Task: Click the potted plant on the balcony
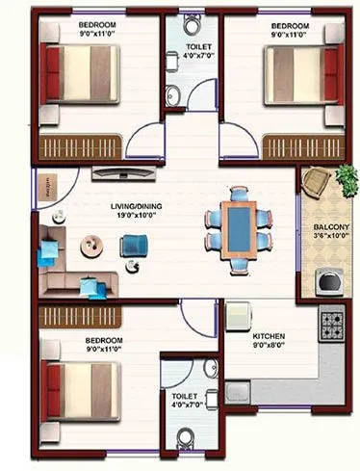coord(342,178)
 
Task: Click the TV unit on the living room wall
coord(125,173)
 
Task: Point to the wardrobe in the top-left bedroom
coord(82,147)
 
